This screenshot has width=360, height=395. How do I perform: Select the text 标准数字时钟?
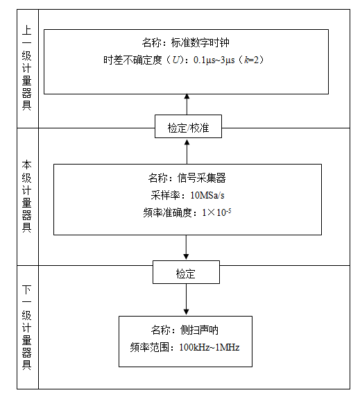pyautogui.click(x=200, y=42)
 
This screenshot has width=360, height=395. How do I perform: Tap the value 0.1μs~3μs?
pyautogui.click(x=214, y=60)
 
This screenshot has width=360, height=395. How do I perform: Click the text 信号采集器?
pyautogui.click(x=201, y=178)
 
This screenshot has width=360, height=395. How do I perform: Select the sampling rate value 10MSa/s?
pyautogui.click(x=207, y=195)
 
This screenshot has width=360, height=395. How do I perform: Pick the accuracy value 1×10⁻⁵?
pyautogui.click(x=216, y=212)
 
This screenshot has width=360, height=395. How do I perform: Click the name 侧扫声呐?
pyautogui.click(x=199, y=330)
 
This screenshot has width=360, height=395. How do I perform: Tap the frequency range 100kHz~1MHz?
pyautogui.click(x=209, y=347)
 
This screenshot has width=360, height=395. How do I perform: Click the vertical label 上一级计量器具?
pyautogui.click(x=26, y=68)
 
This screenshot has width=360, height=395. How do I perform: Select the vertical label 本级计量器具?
pyautogui.click(x=26, y=196)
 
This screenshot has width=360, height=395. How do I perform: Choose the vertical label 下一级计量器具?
pyautogui.click(x=26, y=328)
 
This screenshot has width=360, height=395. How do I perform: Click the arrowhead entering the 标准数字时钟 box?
pyautogui.click(x=187, y=96)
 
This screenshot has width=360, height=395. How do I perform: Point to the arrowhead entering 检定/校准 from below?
pyautogui.click(x=187, y=142)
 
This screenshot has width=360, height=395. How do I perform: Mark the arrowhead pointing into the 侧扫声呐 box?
pyautogui.click(x=186, y=312)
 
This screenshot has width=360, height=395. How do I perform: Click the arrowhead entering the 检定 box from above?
pyautogui.click(x=186, y=256)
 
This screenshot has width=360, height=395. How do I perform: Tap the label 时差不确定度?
pyautogui.click(x=132, y=60)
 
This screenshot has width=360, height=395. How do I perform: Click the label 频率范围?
pyautogui.click(x=149, y=348)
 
